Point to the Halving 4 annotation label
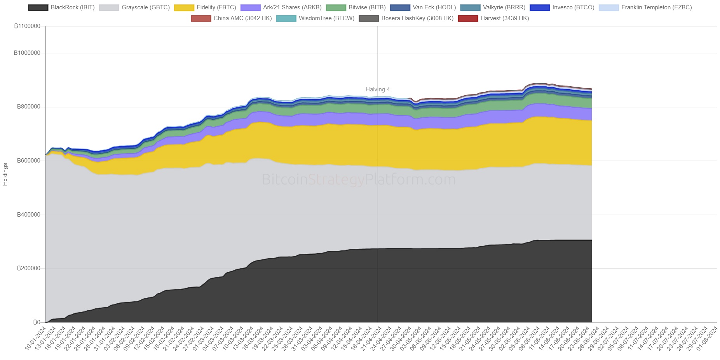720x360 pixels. click(x=378, y=89)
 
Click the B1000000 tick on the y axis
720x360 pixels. click(x=27, y=53)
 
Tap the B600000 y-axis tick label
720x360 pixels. click(x=29, y=161)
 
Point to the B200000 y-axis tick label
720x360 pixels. click(x=29, y=268)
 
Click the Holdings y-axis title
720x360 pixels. click(x=5, y=174)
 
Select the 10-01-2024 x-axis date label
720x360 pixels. click(x=36, y=339)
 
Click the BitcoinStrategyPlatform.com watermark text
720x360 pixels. click(x=359, y=180)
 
